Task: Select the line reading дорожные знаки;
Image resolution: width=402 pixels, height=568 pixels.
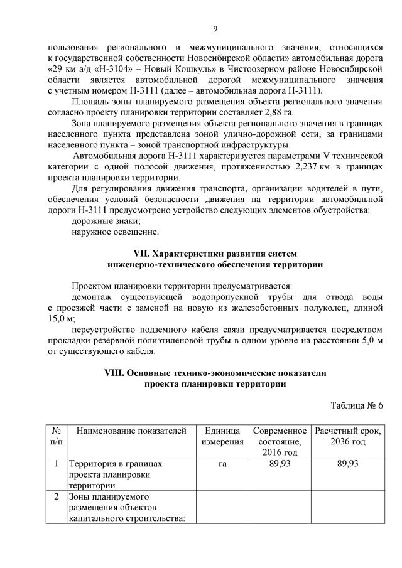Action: [106, 221]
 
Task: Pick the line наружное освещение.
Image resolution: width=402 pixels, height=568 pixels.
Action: [115, 232]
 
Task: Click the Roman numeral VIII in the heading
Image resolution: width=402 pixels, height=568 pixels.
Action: [116, 373]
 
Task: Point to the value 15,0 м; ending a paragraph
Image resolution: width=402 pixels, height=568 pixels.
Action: [62, 319]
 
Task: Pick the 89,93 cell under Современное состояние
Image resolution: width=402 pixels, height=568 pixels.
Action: [280, 464]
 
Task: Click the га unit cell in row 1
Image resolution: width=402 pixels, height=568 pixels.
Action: [222, 464]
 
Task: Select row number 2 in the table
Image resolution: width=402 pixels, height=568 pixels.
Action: [56, 497]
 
